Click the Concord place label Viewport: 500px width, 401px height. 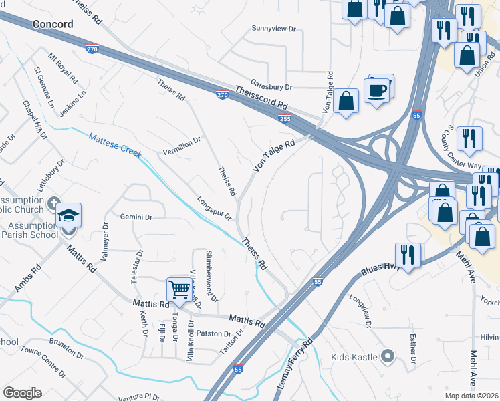tap(51, 24)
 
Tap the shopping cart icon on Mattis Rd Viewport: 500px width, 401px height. tap(179, 290)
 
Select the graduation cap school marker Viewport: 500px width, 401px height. tap(69, 215)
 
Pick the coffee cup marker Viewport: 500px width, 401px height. tap(377, 90)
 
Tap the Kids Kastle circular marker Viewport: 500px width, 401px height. tap(386, 356)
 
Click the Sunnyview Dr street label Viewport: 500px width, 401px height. tap(273, 29)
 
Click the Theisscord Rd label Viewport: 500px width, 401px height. tap(261, 98)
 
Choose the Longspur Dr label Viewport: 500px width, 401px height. tap(214, 208)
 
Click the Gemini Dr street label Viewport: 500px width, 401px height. tap(137, 217)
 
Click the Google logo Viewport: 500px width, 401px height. tap(22, 393)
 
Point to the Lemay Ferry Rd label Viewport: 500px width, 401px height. tap(295, 362)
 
